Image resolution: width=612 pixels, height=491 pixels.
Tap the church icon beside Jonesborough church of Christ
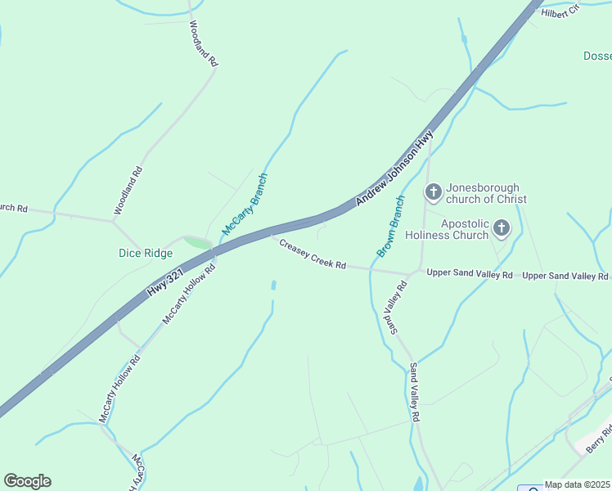(x=433, y=193)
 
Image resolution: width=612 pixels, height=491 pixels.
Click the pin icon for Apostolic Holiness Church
(x=501, y=228)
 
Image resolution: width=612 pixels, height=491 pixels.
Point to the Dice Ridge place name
(x=146, y=253)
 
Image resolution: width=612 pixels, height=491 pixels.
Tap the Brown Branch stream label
(x=390, y=227)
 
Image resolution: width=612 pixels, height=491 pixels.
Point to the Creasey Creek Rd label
(x=313, y=255)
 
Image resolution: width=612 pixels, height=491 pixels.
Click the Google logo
(x=27, y=481)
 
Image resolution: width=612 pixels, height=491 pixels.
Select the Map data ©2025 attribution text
(x=578, y=484)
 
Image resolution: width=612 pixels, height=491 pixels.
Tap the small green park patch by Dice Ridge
(x=197, y=242)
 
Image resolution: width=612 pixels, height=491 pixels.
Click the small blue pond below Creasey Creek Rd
(x=273, y=286)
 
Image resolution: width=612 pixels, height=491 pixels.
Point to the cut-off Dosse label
(x=597, y=56)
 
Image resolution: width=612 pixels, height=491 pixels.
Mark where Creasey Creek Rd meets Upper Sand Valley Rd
(x=412, y=273)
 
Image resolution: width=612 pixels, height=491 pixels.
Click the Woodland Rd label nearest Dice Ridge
(x=128, y=191)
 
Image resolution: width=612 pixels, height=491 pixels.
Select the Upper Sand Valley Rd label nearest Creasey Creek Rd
(x=470, y=274)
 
